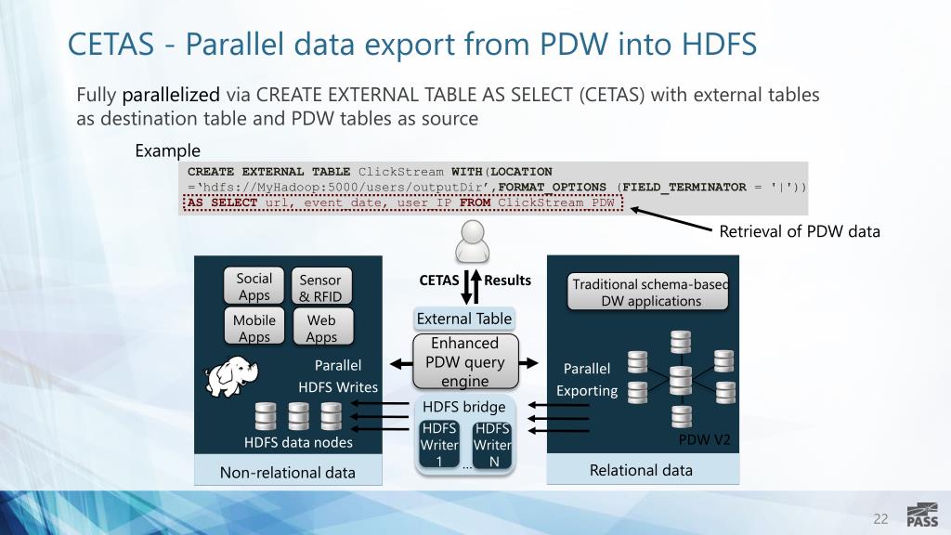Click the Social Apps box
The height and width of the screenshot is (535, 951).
coord(254,286)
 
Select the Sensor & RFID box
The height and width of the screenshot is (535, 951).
coord(320,287)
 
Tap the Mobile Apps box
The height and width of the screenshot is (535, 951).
coord(254,328)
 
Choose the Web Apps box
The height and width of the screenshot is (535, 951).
coord(320,328)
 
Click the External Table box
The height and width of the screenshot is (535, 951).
coord(464,319)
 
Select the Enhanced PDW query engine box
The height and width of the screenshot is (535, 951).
coord(464,361)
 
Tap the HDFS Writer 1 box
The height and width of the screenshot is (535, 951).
coord(439,444)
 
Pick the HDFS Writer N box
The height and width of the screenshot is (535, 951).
coord(491,444)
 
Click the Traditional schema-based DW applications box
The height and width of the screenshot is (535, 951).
coord(649,292)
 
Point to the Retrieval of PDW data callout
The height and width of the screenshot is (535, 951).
coord(800,230)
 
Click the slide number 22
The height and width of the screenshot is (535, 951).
coord(880,517)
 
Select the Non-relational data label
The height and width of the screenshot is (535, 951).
coord(287,472)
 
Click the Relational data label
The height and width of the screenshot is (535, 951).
coord(641,470)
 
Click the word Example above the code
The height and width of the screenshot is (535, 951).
coord(168,150)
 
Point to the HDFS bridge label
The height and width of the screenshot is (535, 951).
coord(464,407)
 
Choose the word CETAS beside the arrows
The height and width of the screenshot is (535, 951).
coord(438,280)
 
